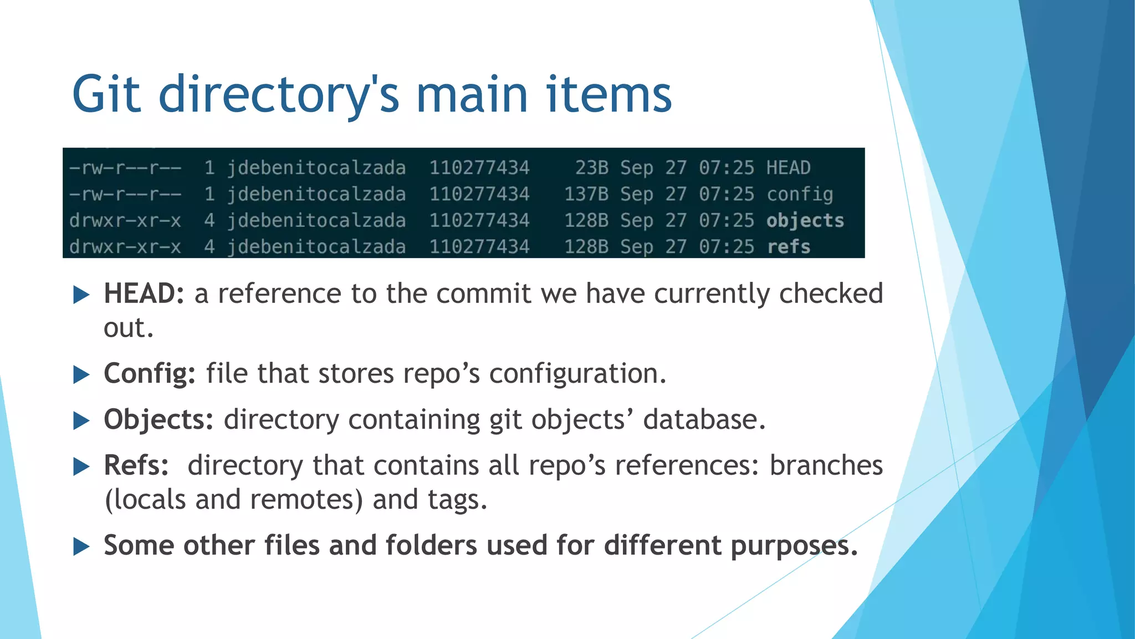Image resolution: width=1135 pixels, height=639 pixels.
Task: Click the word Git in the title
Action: point(106,94)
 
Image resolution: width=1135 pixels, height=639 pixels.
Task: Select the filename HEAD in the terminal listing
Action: point(788,168)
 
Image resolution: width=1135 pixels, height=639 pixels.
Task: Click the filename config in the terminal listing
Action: point(800,194)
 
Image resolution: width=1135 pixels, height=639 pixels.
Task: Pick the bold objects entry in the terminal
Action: point(805,221)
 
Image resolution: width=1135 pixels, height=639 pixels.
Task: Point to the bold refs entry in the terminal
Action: point(789,247)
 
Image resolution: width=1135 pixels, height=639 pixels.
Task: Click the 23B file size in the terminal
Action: point(591,168)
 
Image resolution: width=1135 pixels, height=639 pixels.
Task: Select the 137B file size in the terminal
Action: point(586,194)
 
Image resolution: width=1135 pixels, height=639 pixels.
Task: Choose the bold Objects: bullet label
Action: point(159,419)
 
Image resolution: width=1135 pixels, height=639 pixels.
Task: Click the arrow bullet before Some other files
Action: point(81,546)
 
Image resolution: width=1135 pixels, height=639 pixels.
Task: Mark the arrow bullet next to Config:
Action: point(81,374)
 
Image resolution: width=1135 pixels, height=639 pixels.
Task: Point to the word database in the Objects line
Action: point(704,419)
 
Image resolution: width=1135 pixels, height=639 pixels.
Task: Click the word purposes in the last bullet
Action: point(794,545)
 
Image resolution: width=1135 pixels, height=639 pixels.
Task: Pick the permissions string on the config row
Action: point(125,194)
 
